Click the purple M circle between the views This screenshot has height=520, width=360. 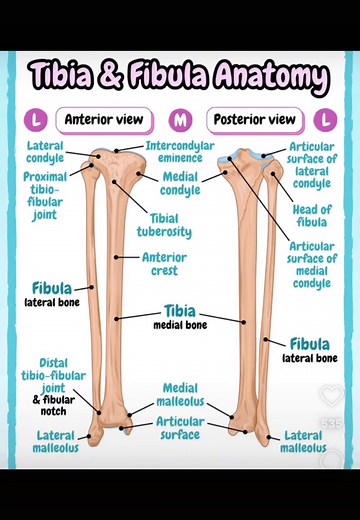point(180,121)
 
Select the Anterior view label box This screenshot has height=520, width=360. point(104,120)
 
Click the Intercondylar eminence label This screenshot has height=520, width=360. point(180,152)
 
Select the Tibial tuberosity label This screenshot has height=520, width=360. point(171,225)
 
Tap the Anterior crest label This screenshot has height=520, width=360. point(164,263)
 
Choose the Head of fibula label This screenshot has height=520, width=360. point(312,215)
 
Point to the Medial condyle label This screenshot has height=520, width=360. point(180,183)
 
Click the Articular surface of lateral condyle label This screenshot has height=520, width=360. point(312,165)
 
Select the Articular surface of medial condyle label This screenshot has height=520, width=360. point(311,264)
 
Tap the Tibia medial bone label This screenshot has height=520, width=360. point(180,317)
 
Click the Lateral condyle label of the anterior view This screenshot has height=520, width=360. point(45,151)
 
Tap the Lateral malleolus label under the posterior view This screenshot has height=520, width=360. point(303,441)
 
